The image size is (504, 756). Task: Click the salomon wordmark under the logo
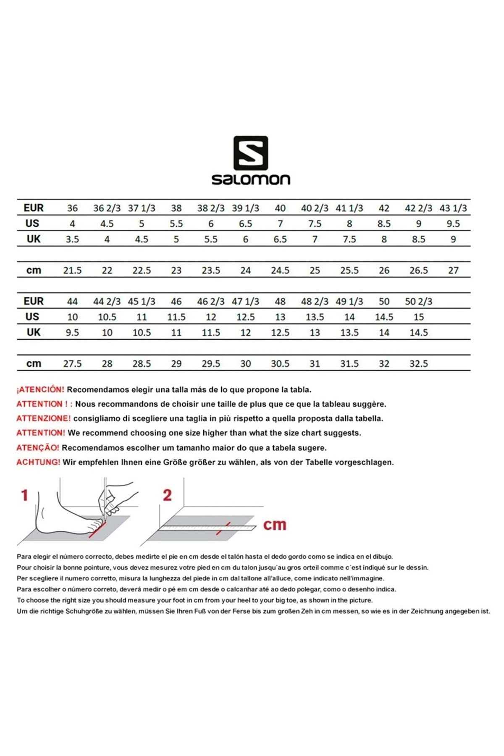[251, 179]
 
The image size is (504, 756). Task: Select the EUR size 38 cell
[176, 208]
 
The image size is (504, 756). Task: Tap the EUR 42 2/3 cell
[418, 208]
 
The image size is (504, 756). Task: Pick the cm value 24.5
[280, 270]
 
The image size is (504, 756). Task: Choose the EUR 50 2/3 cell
[418, 301]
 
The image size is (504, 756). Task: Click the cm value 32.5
[418, 364]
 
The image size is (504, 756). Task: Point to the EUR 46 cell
[176, 301]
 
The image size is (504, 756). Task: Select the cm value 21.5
[72, 270]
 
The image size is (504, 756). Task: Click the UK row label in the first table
[33, 239]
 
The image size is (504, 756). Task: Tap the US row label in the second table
[32, 317]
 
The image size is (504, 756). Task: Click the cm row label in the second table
[34, 364]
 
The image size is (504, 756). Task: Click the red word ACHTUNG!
[38, 462]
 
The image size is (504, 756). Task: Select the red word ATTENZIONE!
[44, 418]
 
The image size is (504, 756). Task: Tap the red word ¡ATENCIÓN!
[40, 390]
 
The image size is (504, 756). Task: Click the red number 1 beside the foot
[25, 495]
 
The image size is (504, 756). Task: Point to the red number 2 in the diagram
[167, 495]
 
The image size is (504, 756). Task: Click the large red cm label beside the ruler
[275, 525]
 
